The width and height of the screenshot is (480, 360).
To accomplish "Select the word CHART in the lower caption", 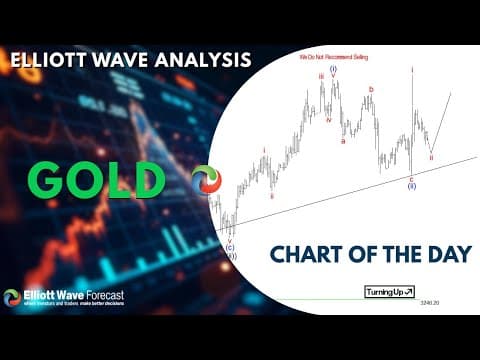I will [306, 255].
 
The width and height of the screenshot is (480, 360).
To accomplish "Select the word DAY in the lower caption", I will [445, 255].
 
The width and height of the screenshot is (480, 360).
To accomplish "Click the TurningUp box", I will [388, 292].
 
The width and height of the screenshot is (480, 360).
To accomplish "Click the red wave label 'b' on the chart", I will [371, 89].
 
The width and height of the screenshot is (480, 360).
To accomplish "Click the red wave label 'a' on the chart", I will [344, 141].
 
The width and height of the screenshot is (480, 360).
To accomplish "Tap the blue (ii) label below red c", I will [411, 187].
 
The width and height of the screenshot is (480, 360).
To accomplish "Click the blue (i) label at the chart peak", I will [333, 69].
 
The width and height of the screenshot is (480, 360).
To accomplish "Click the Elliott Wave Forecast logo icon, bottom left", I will [12, 297].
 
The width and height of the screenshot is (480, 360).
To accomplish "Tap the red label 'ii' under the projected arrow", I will [431, 157].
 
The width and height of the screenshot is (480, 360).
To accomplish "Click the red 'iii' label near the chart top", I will [321, 75].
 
